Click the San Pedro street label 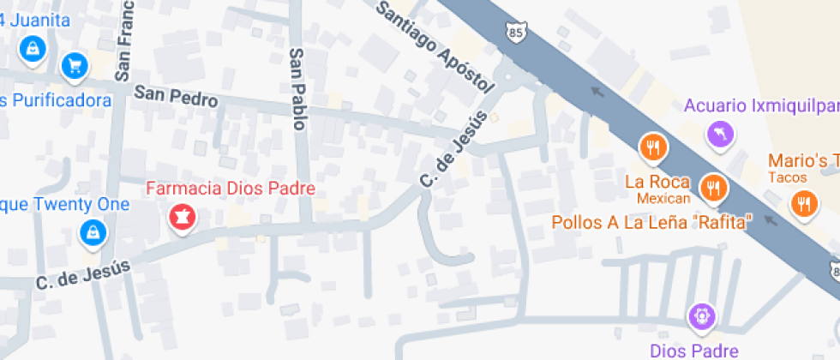tap(175, 98)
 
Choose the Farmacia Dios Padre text tap(231, 188)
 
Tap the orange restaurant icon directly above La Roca tap(653, 147)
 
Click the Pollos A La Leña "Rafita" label tap(651, 222)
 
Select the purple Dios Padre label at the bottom tap(694, 350)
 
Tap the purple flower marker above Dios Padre tap(701, 315)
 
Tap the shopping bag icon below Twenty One tap(91, 231)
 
